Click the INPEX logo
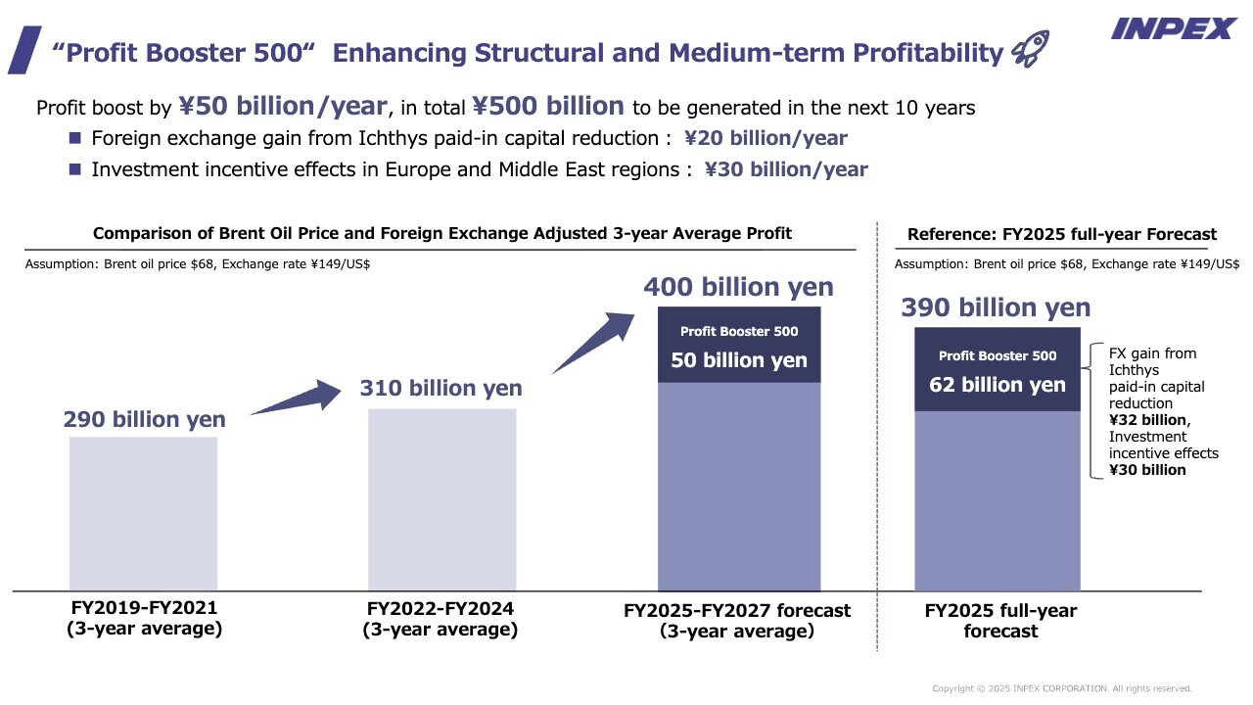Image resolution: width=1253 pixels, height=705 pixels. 1173,28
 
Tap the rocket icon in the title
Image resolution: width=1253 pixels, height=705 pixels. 1030,49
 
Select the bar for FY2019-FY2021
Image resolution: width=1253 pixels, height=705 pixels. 143,513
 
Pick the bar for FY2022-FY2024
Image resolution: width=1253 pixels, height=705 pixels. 441,499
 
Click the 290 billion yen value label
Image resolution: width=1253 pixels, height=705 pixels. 144,419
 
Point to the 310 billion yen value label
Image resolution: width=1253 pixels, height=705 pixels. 441,388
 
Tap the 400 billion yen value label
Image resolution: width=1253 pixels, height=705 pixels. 738,287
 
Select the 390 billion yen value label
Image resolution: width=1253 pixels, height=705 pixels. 996,307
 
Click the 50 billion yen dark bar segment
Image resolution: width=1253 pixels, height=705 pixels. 739,346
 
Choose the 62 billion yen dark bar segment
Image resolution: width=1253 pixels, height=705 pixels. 997,369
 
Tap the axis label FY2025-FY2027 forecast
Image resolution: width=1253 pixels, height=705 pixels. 737,621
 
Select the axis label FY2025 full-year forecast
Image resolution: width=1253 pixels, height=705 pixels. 1000,621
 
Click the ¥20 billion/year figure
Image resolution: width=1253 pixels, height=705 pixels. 766,138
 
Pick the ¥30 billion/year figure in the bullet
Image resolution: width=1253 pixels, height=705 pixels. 786,169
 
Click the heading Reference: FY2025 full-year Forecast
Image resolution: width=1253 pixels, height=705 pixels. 1062,234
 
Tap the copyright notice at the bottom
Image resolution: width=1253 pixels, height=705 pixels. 1062,688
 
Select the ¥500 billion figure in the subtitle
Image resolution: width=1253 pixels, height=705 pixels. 548,106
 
